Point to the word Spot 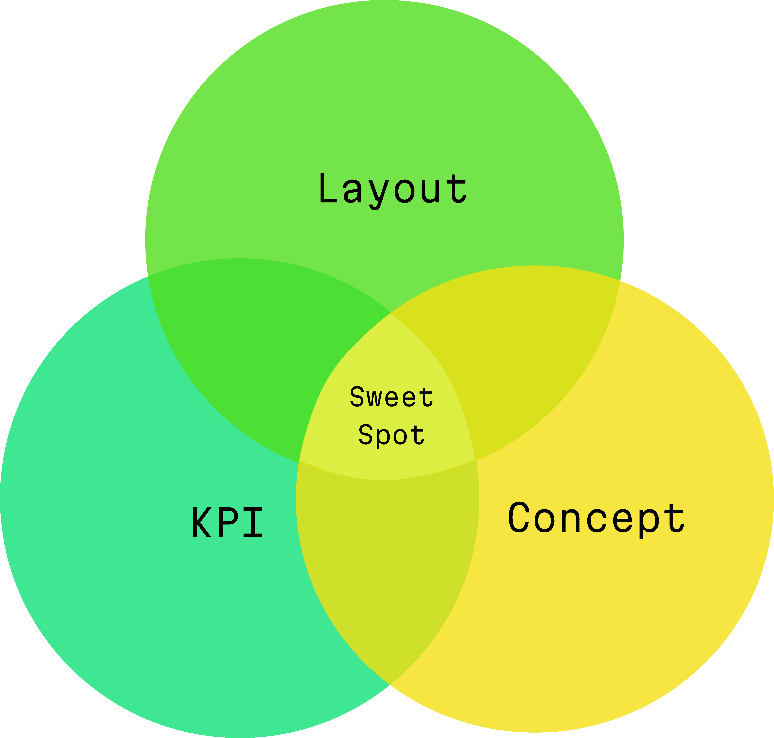click(391, 435)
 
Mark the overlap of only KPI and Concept click(387, 559)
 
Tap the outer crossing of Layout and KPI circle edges click(148, 277)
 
